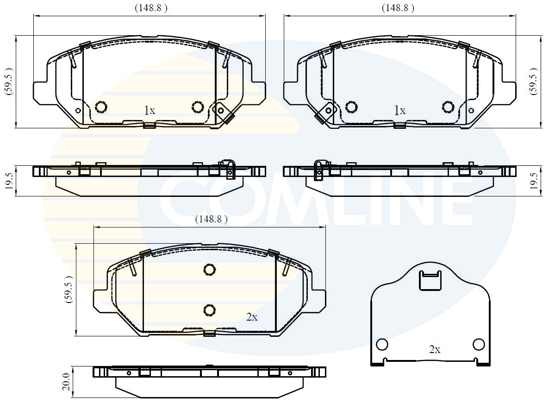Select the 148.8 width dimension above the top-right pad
click(x=398, y=8)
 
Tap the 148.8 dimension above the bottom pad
click(x=211, y=220)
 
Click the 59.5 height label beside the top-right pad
click(x=534, y=82)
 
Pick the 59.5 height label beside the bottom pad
click(x=69, y=289)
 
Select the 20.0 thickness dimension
click(x=66, y=381)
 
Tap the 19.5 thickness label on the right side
click(x=534, y=180)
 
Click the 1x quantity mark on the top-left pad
click(x=149, y=110)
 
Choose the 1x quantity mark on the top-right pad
click(x=399, y=110)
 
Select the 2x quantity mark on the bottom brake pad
click(x=252, y=317)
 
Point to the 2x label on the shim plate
click(x=434, y=350)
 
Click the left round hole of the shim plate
click(x=382, y=345)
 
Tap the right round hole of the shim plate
click(x=479, y=344)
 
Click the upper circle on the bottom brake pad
click(x=209, y=270)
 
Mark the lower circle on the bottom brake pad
click(x=209, y=310)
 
